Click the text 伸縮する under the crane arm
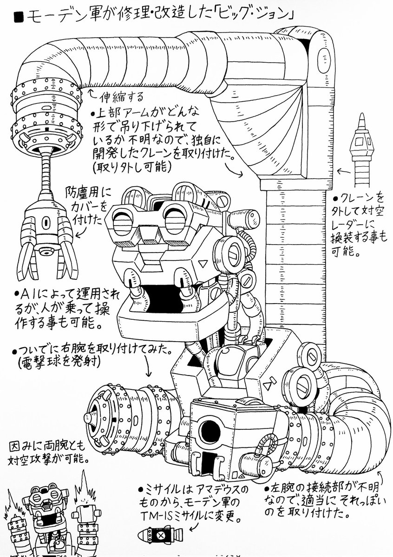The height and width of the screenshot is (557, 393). (x=122, y=97)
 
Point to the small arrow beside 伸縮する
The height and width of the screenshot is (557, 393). (x=92, y=93)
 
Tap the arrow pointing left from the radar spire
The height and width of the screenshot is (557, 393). (x=343, y=171)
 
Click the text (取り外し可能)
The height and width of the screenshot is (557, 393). (x=131, y=167)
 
